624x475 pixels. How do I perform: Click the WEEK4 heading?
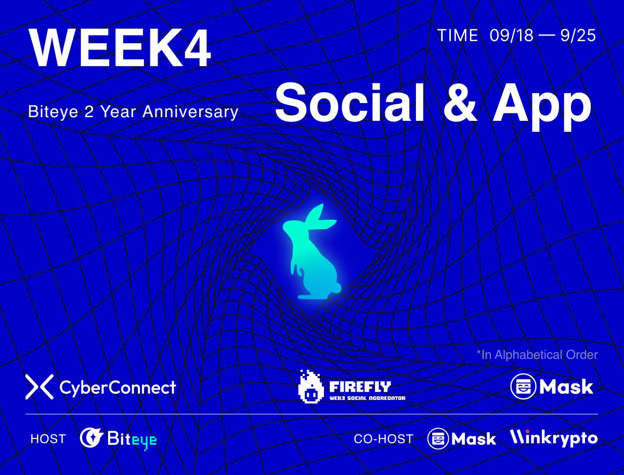click(120, 48)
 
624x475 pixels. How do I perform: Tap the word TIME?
click(458, 35)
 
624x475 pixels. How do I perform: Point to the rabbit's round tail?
click(336, 286)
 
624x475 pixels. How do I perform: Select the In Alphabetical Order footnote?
click(537, 355)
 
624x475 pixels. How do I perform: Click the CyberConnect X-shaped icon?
click(40, 387)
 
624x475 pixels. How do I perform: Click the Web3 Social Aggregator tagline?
click(367, 398)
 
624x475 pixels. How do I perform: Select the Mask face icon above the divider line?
click(523, 386)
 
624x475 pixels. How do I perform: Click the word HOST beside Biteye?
click(48, 439)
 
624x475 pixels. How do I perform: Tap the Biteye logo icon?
click(90, 439)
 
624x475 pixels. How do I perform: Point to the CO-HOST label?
click(383, 439)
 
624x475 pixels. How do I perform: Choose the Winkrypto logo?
click(553, 438)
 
